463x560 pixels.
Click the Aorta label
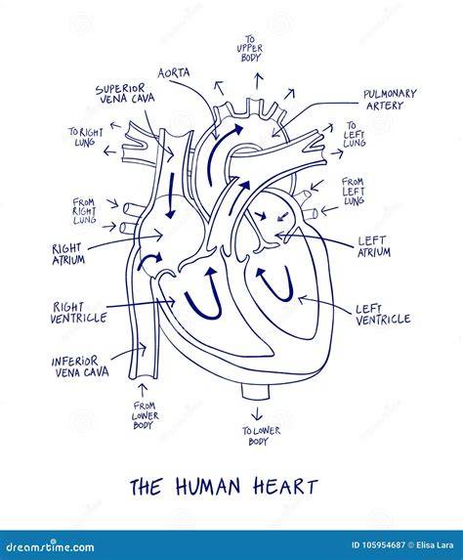coord(174,73)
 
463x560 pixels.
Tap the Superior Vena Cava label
coord(125,94)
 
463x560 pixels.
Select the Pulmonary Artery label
coord(390,100)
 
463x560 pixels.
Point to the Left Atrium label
coord(374,246)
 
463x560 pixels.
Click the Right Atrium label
coord(68,254)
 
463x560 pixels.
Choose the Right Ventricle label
coord(78,313)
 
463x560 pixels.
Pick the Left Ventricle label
coord(383,315)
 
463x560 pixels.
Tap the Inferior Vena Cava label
coord(80,366)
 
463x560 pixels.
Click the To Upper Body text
coord(249,48)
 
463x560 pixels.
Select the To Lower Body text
coord(261,436)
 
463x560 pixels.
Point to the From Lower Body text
coord(145,415)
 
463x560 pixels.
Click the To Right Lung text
coord(86,137)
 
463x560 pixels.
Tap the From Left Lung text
coord(353,192)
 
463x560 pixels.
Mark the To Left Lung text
coord(355,135)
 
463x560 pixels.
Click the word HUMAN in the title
coord(208,487)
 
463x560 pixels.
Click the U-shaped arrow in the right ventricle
coord(202,297)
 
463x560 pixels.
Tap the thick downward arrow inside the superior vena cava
coord(171,195)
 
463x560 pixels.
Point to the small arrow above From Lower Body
coord(143,390)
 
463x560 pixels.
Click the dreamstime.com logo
coord(51,546)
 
